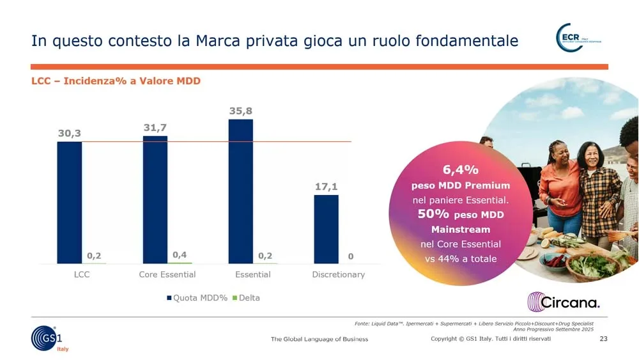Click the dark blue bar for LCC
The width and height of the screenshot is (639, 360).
pyautogui.click(x=69, y=202)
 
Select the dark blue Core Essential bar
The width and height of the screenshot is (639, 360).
pyautogui.click(x=155, y=200)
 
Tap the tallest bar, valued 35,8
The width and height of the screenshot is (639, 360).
pyautogui.click(x=241, y=191)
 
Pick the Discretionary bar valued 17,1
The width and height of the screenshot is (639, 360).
pyautogui.click(x=326, y=229)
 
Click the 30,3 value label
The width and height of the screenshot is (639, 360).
pyautogui.click(x=69, y=133)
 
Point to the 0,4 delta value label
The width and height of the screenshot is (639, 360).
pyautogui.click(x=180, y=254)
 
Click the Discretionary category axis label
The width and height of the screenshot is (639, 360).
pyautogui.click(x=338, y=274)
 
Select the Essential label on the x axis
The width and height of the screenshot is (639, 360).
pyautogui.click(x=253, y=274)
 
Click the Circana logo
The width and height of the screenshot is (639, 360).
pyautogui.click(x=563, y=302)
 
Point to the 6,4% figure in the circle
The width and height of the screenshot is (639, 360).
pyautogui.click(x=460, y=170)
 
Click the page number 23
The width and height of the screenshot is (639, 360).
pyautogui.click(x=603, y=339)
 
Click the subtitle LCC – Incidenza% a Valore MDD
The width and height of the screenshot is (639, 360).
pyautogui.click(x=116, y=81)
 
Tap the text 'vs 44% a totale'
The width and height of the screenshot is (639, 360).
pyautogui.click(x=460, y=259)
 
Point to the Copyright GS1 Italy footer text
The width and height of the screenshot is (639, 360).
pyautogui.click(x=490, y=339)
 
